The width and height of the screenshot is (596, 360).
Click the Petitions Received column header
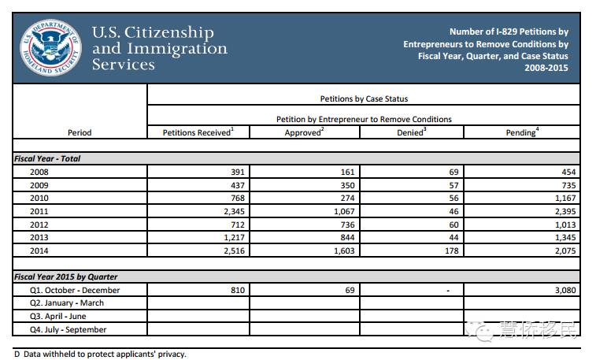(x=197, y=132)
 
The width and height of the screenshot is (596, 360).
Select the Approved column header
(x=304, y=132)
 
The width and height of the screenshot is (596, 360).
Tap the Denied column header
(x=412, y=132)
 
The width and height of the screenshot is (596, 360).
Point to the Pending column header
(x=520, y=132)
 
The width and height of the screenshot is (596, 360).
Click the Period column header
(x=80, y=132)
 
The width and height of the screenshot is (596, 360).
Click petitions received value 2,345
(x=232, y=211)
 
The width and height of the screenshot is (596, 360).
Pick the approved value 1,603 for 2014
(x=339, y=250)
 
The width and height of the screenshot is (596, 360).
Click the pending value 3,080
(x=564, y=290)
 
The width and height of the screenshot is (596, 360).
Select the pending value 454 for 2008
(x=568, y=172)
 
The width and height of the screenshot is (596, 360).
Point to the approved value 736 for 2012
(x=344, y=224)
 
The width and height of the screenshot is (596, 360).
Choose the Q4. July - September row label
(x=68, y=329)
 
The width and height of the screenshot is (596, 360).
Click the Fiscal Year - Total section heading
(x=47, y=158)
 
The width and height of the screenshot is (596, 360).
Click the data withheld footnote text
(x=100, y=354)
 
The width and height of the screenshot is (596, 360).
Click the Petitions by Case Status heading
(x=364, y=99)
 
